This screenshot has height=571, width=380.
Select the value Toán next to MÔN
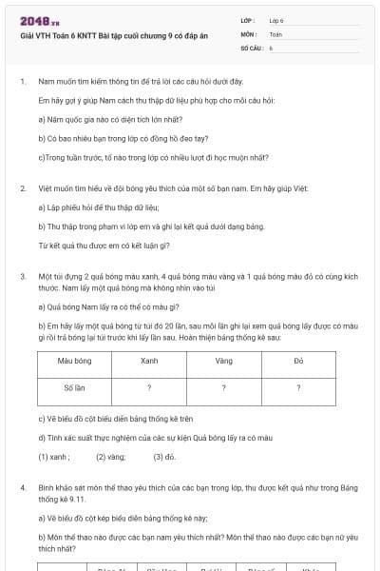coord(275,33)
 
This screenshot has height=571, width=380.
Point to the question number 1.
coord(23,83)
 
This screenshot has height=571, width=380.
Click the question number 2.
coord(23,189)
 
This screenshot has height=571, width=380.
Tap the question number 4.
coord(23,486)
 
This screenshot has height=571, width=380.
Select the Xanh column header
coord(149,362)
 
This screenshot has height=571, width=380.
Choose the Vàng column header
coord(223,362)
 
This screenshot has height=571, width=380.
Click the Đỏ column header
coord(298,362)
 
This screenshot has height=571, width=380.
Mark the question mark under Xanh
coord(149,388)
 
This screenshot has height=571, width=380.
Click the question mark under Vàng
coord(223,388)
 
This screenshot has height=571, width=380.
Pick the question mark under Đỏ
coord(298,388)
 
